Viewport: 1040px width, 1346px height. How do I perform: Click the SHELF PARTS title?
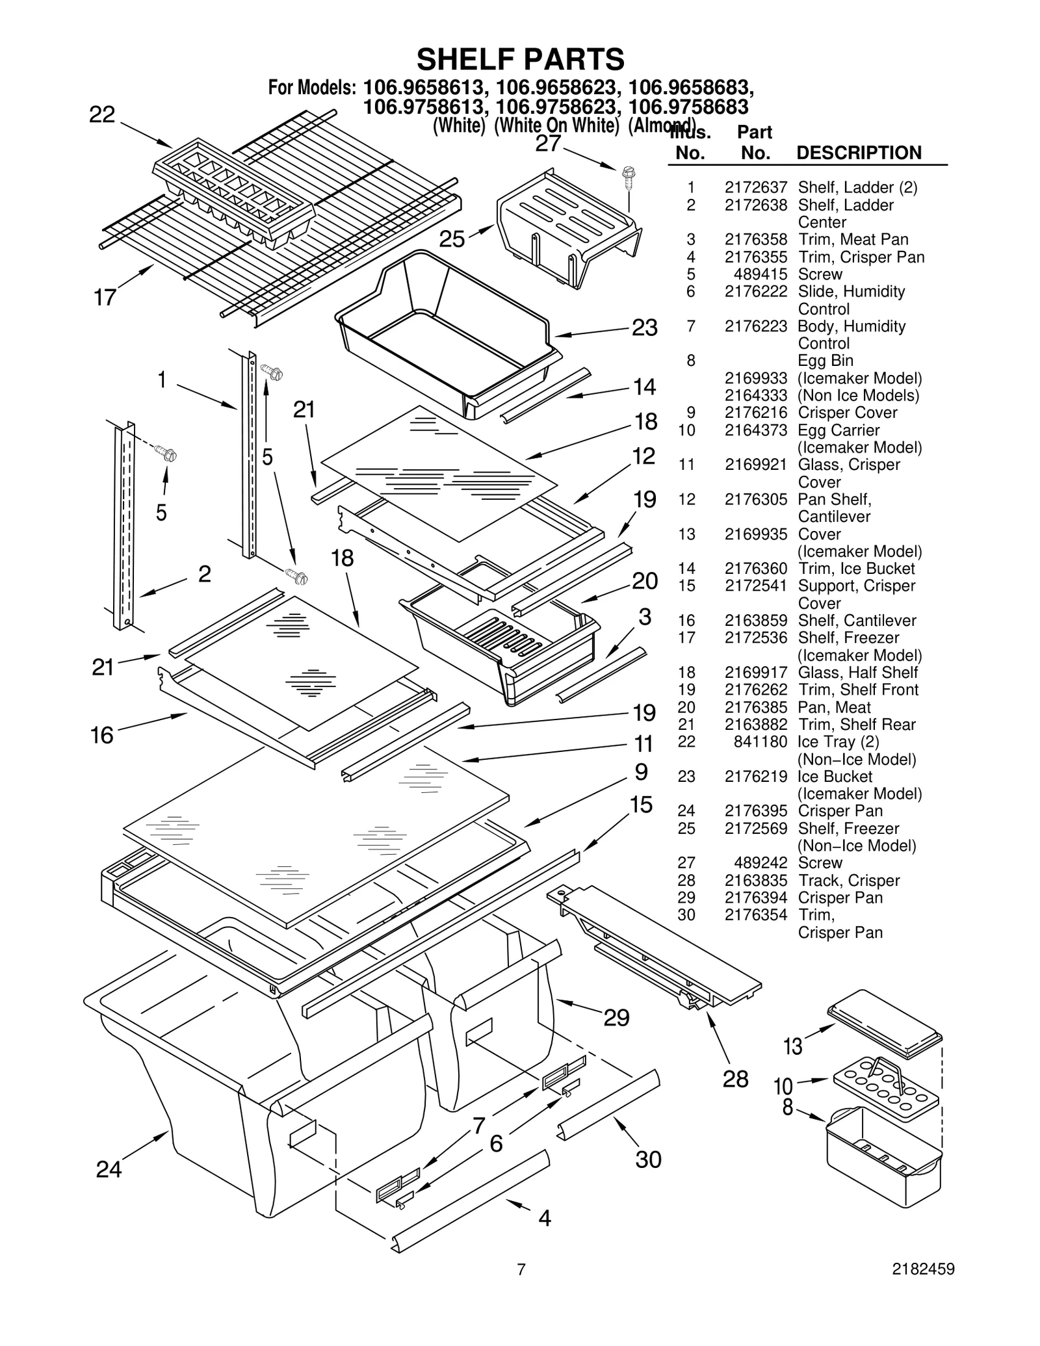click(520, 60)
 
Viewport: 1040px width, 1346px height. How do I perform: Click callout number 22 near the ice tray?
click(102, 115)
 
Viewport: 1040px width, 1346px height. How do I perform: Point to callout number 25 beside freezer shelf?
click(452, 239)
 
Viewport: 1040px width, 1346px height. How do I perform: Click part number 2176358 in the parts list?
click(755, 240)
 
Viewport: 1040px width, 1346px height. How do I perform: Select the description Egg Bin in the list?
click(825, 361)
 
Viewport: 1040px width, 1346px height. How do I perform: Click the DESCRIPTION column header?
click(859, 153)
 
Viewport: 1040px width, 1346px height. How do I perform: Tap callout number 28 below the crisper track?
click(735, 1079)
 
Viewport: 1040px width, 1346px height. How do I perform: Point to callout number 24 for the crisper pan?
click(109, 1170)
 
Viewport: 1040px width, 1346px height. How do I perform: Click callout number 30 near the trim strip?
click(648, 1159)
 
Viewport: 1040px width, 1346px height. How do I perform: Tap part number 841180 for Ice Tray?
click(760, 742)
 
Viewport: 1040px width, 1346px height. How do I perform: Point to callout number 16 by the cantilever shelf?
click(102, 735)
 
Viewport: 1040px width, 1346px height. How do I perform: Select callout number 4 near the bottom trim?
click(545, 1217)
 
